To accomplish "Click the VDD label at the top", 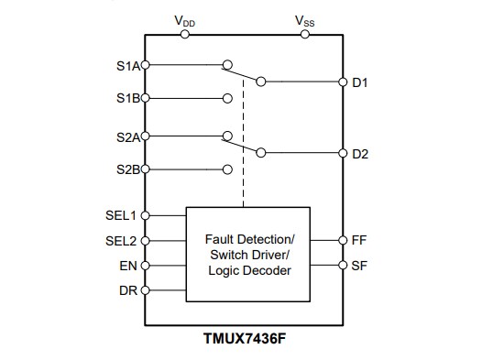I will click(x=184, y=20).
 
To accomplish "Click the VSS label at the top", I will click(x=305, y=20).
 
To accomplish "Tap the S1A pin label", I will click(x=127, y=65).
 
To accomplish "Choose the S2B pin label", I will click(x=127, y=169).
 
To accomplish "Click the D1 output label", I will click(x=360, y=82).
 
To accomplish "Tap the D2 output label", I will click(x=360, y=153).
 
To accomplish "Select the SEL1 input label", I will click(x=121, y=215).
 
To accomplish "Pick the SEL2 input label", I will click(x=121, y=241).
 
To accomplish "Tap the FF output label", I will click(x=358, y=240).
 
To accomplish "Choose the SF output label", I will click(x=358, y=265).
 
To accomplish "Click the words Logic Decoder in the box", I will click(x=248, y=270).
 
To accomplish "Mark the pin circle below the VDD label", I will click(x=185, y=35).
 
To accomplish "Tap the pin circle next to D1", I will click(x=342, y=82).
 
